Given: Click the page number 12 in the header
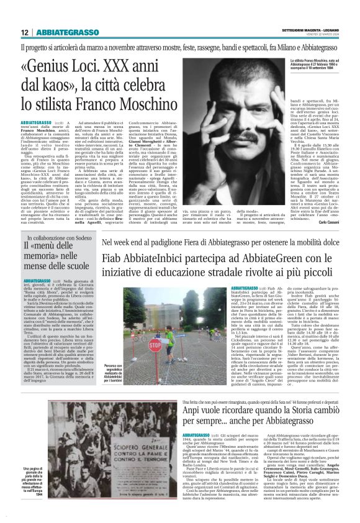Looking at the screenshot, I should click(x=24, y=32).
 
